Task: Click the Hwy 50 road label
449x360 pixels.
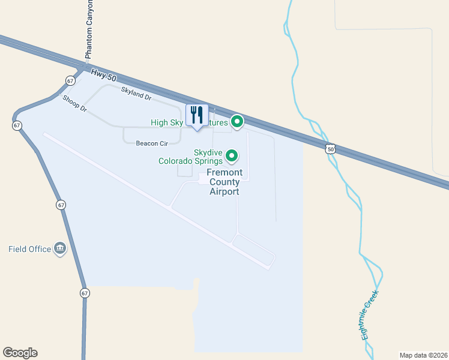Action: coord(103,75)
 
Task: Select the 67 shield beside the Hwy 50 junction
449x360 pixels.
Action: coord(70,80)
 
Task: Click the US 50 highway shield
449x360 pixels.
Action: coord(330,148)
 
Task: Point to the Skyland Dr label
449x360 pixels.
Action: coord(136,92)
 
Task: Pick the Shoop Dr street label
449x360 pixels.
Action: coord(75,104)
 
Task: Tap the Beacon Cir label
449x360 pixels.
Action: coord(152,143)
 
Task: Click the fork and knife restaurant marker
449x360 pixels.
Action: coord(197,115)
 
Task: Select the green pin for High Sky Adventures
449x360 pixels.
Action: coord(237,122)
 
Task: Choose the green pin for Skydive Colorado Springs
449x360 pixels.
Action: coord(232,157)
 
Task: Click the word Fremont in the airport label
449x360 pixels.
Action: coord(224,173)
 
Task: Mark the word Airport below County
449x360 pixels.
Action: coord(224,192)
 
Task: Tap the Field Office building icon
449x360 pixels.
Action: coord(60,248)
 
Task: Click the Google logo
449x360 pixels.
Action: coord(20,353)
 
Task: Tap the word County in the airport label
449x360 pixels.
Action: coord(224,182)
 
